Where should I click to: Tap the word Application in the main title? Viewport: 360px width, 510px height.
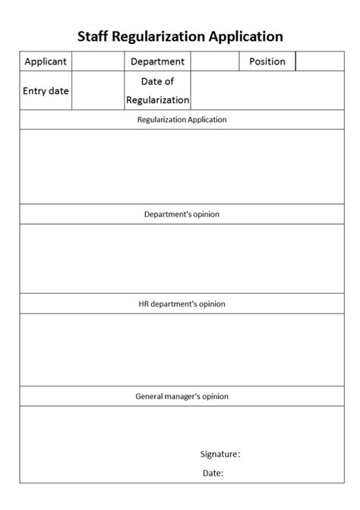(x=247, y=36)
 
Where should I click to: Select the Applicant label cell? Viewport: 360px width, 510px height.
(x=46, y=61)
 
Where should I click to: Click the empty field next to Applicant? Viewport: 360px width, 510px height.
(x=98, y=61)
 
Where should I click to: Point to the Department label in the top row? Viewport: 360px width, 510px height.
(x=157, y=61)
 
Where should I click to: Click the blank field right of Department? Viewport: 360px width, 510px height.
(x=215, y=61)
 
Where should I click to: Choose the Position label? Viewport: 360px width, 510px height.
(x=267, y=61)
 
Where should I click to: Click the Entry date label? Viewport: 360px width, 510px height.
(x=46, y=91)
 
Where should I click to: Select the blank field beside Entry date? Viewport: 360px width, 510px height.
(x=98, y=91)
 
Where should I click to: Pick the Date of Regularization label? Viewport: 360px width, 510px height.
(x=157, y=90)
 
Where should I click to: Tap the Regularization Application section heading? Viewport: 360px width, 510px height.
(x=182, y=120)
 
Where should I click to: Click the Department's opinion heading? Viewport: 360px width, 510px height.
(x=182, y=214)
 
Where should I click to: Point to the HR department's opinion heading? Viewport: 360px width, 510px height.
(x=182, y=304)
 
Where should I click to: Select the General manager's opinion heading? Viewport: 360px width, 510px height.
(x=182, y=396)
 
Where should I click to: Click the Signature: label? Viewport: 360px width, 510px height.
(x=220, y=454)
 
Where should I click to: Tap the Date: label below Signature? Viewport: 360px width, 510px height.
(x=213, y=473)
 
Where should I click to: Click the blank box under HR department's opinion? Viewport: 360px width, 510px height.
(x=182, y=350)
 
